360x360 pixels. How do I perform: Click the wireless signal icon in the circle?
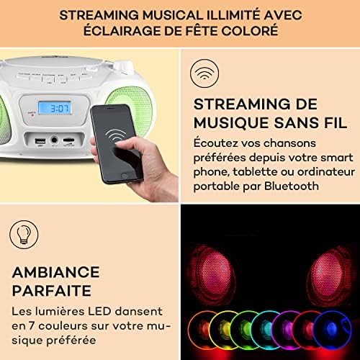[x=204, y=73]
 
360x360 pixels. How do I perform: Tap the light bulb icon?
[x=24, y=235]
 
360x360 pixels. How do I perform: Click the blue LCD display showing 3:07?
[x=55, y=108]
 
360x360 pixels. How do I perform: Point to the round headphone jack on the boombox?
[x=54, y=140]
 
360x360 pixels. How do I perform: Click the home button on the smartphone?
[x=124, y=176]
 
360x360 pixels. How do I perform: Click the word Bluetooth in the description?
[x=292, y=186]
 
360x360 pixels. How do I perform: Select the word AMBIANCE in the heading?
[x=55, y=272]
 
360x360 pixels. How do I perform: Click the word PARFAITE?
[x=52, y=291]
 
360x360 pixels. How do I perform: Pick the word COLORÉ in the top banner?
[x=249, y=31]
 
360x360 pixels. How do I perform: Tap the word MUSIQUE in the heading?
[x=232, y=122]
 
